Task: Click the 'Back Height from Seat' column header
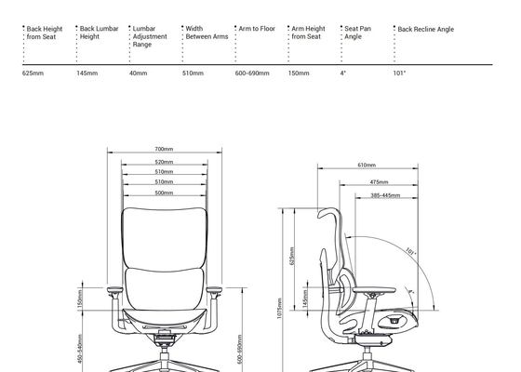(45, 33)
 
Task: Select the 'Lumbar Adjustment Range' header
(150, 36)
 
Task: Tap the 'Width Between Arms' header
(207, 33)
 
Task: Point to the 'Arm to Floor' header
(257, 29)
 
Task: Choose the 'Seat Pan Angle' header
(357, 33)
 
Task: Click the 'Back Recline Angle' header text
(426, 29)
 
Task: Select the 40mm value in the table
(139, 73)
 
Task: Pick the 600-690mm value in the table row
(252, 73)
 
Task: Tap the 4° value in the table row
(343, 73)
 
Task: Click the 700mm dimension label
(164, 149)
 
